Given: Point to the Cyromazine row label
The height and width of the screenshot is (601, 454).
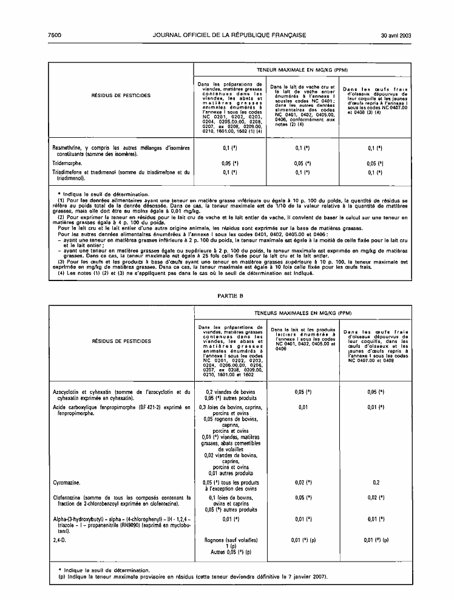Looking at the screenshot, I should click(69, 481).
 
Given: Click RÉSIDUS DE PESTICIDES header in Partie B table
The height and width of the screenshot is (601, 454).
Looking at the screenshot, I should click(121, 341).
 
